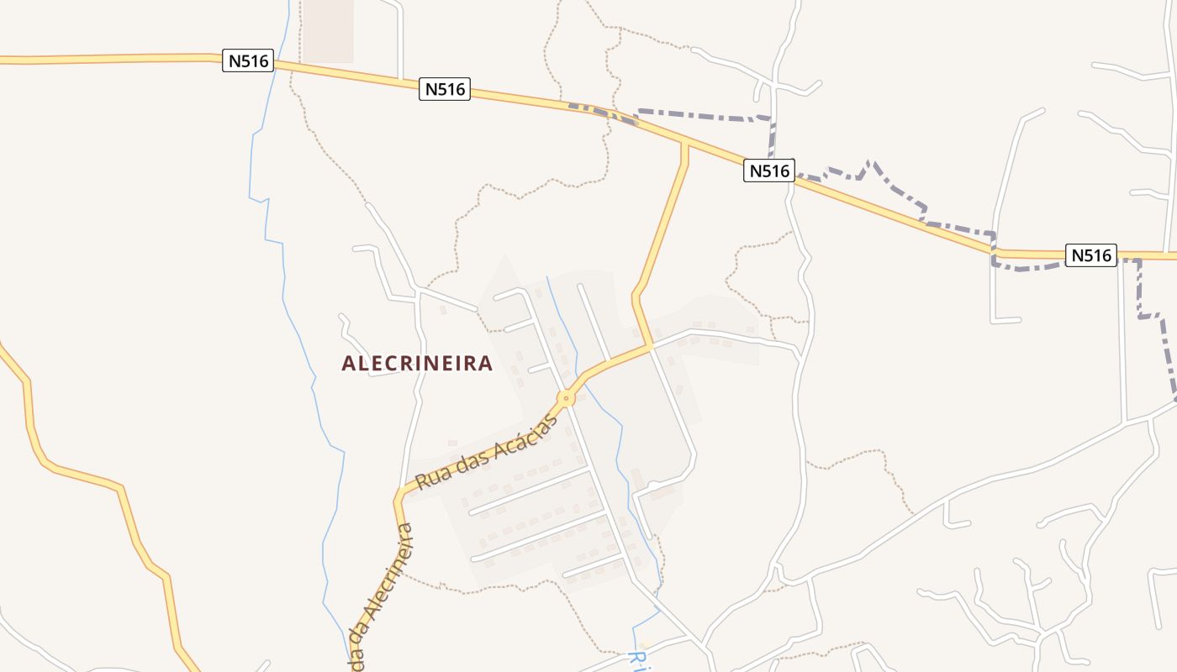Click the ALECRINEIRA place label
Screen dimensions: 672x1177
417,363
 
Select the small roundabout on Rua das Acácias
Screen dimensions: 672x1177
567,397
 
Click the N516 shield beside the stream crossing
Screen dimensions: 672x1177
248,60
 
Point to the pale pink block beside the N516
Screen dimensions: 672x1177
328,32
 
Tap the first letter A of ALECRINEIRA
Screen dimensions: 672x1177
348,363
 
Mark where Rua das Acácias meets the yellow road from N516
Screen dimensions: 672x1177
648,345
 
